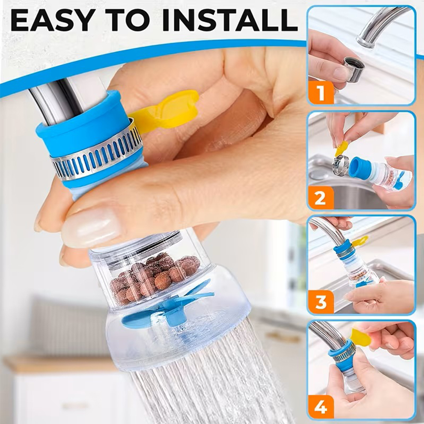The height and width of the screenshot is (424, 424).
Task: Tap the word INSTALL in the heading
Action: [x=230, y=20]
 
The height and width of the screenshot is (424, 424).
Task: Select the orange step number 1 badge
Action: [x=321, y=93]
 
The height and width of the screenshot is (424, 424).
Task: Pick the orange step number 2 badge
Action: [x=321, y=198]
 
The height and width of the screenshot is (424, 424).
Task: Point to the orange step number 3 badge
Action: [x=321, y=302]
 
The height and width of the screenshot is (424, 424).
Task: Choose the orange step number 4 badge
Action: [x=321, y=407]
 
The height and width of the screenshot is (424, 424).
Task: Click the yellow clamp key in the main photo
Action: [x=165, y=110]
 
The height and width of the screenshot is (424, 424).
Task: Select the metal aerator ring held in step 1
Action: [x=354, y=69]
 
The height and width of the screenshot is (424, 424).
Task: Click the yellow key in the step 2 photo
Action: [x=342, y=148]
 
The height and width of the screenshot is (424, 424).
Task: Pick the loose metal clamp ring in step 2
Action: [x=340, y=165]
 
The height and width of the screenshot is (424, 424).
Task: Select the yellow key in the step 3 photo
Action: [x=360, y=241]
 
